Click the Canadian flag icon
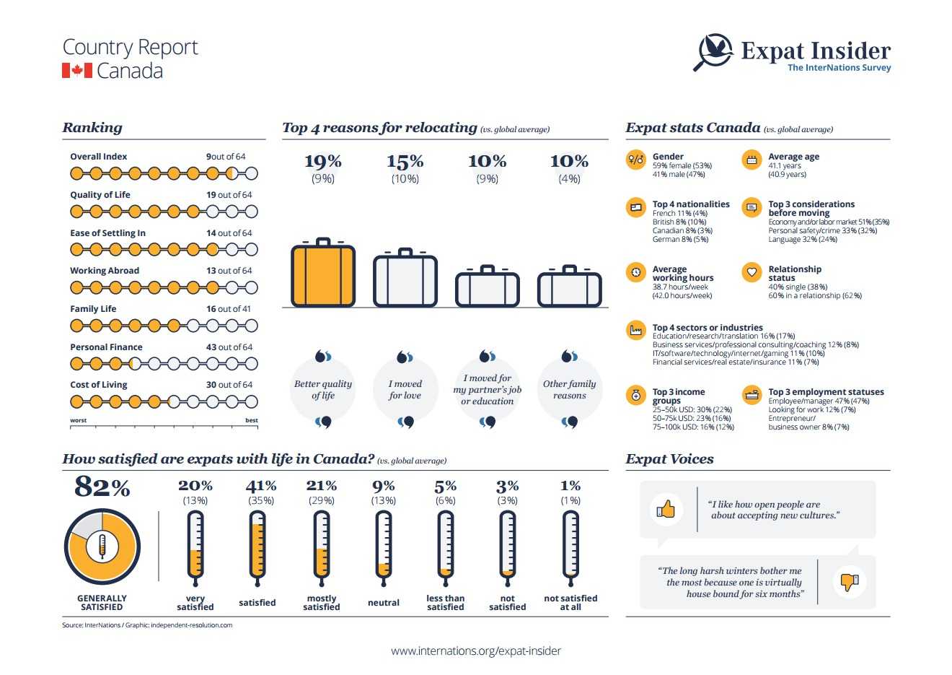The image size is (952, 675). [x=77, y=71]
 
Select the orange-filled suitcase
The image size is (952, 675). [x=323, y=274]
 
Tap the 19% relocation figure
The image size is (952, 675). [x=323, y=161]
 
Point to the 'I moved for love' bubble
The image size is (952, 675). [x=405, y=390]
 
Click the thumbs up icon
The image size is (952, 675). [x=666, y=510]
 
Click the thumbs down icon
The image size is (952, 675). [x=849, y=580]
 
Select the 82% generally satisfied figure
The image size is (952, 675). [x=102, y=487]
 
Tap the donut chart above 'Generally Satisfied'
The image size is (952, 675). [x=102, y=546]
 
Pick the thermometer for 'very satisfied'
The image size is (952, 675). [x=195, y=545]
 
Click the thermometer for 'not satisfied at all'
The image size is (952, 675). [x=570, y=545]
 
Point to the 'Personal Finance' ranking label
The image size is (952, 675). [x=106, y=347]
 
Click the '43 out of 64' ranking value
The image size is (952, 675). [x=229, y=347]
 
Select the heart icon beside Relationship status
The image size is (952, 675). [x=752, y=272]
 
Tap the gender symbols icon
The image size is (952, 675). [x=635, y=160]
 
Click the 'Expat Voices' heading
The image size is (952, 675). [x=669, y=459]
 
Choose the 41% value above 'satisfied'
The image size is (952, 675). [x=260, y=486]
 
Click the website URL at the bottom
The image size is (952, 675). [x=476, y=650]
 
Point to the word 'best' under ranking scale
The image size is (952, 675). [x=251, y=420]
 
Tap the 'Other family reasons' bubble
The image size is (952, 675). [x=570, y=390]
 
